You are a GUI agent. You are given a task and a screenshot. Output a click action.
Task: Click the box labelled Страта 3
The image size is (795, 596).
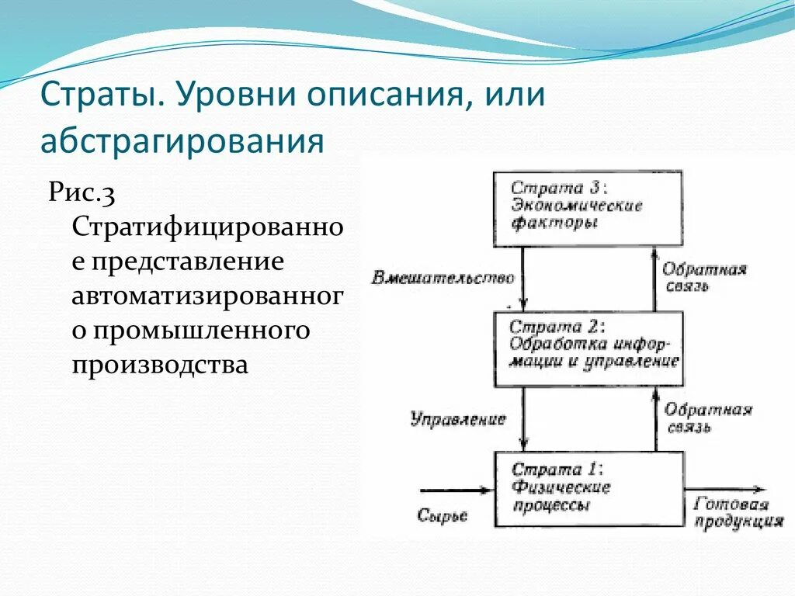[588, 209]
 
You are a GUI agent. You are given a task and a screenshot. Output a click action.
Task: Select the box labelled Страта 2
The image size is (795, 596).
[588, 348]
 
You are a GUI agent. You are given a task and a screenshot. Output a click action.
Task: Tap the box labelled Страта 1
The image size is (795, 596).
[589, 489]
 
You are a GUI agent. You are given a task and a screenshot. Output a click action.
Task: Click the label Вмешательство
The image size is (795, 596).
[443, 278]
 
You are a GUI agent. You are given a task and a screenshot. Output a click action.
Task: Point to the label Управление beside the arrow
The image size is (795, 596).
[458, 419]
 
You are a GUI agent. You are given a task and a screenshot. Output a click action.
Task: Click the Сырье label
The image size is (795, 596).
[442, 516]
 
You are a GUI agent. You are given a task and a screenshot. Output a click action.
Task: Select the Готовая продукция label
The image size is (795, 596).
[738, 513]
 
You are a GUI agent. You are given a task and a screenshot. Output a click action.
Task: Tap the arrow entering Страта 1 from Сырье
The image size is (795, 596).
[457, 490]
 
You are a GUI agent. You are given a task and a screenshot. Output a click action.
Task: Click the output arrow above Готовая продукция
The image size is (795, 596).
[724, 490]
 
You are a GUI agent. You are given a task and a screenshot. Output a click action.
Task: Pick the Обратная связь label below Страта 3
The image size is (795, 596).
[705, 277]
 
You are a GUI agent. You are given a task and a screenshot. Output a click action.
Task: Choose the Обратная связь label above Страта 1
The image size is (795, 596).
[708, 418]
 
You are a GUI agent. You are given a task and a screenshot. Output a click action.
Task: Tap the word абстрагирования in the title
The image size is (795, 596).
[182, 140]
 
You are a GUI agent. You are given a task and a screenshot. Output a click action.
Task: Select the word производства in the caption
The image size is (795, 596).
[160, 364]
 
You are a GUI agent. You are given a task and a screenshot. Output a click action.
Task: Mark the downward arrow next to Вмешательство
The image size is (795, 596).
[523, 279]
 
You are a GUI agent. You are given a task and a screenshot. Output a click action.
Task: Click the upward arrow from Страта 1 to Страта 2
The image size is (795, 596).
[655, 419]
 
